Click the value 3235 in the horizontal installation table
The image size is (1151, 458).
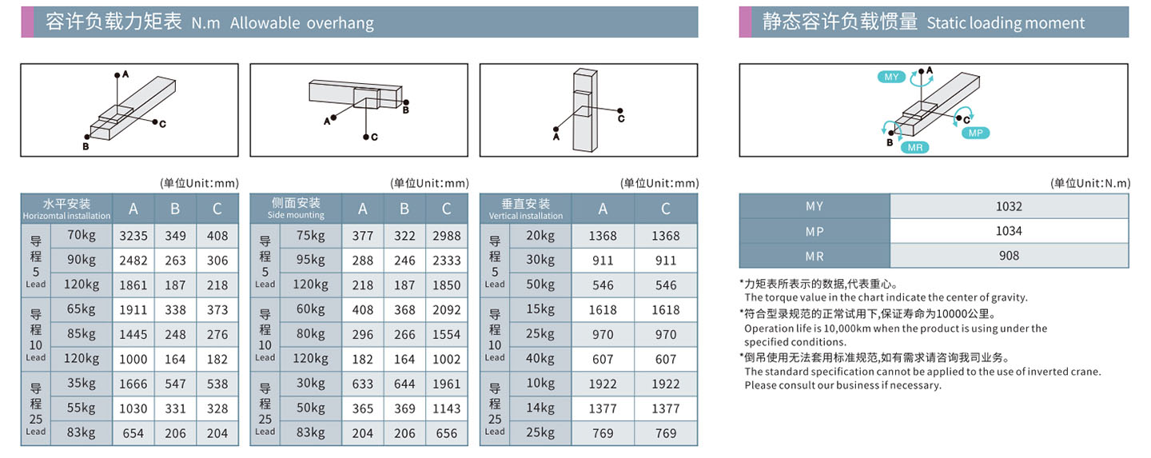[133, 236]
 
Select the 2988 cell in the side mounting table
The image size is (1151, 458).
[447, 236]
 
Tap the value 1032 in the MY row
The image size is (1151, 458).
[1010, 207]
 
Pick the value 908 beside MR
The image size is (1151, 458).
[1010, 256]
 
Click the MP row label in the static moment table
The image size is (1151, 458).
[814, 232]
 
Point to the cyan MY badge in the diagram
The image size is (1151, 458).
[891, 77]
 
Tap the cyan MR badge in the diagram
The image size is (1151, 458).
[915, 148]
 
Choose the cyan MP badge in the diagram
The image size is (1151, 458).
[976, 133]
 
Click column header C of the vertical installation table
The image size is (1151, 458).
[666, 209]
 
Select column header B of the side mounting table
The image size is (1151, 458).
[404, 209]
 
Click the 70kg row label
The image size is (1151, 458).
[82, 236]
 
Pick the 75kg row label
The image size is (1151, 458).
[310, 236]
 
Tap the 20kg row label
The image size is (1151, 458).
[540, 236]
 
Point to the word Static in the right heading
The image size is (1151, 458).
[947, 22]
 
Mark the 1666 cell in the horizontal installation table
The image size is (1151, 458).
[133, 384]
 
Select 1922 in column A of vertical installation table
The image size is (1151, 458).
[603, 384]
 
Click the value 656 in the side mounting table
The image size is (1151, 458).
[447, 433]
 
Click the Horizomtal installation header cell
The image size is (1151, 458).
[67, 209]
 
